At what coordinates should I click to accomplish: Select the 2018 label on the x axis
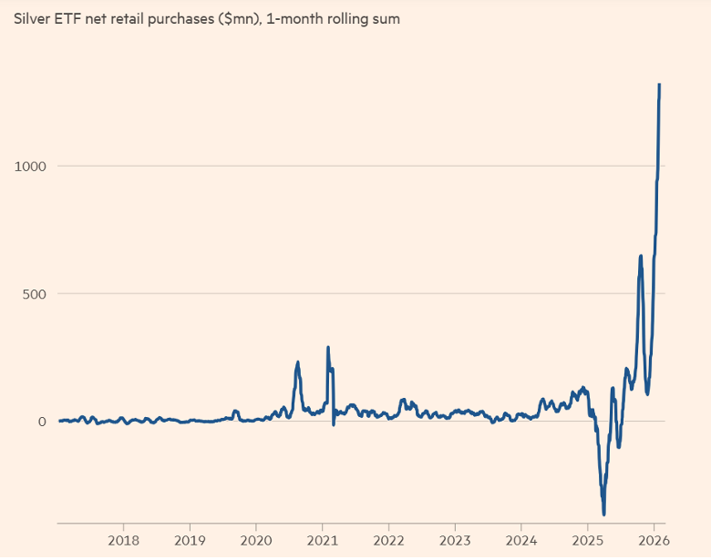(x=123, y=538)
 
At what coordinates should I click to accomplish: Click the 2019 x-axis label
(x=190, y=538)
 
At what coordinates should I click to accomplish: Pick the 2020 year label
(x=256, y=538)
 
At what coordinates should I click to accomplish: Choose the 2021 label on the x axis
(x=323, y=538)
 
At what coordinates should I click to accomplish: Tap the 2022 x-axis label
(x=388, y=538)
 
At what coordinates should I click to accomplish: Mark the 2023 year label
(x=455, y=538)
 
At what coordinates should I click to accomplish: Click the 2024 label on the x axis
(x=521, y=538)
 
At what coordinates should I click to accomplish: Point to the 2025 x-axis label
(x=588, y=538)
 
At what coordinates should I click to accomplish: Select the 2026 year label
(x=654, y=538)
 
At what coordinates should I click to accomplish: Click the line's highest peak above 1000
(x=659, y=85)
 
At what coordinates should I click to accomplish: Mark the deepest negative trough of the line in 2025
(x=603, y=514)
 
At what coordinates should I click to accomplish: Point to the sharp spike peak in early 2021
(x=328, y=347)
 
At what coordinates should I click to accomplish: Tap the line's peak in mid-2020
(x=298, y=362)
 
